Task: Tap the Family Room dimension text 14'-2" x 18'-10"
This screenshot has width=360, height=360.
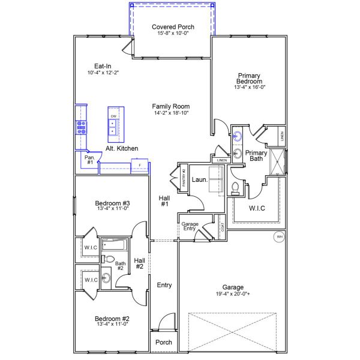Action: [171, 113]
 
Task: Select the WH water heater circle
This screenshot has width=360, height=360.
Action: [278, 237]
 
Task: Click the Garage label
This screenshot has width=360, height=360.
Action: [233, 287]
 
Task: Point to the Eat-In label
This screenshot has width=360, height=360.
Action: [103, 66]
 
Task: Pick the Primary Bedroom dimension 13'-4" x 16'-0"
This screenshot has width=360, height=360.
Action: [249, 87]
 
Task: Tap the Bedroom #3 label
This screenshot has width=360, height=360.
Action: [113, 203]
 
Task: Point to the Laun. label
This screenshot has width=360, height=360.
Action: [199, 179]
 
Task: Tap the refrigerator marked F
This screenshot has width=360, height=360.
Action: [139, 164]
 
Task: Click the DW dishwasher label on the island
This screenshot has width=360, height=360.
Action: [113, 116]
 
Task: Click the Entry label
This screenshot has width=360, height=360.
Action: [164, 285]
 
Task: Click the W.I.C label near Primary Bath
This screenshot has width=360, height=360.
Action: [257, 208]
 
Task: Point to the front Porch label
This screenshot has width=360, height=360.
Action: [164, 343]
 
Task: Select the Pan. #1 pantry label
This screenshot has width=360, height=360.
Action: [88, 159]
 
